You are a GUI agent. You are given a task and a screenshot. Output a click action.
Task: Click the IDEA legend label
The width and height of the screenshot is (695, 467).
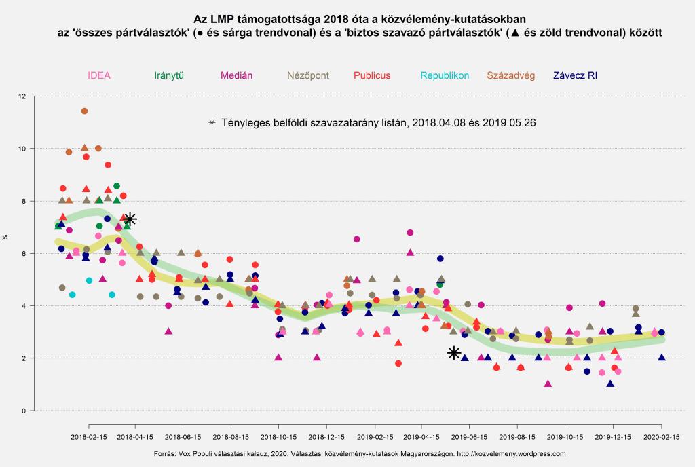click(99, 75)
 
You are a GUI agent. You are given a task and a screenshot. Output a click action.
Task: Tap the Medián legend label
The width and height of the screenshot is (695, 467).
click(235, 75)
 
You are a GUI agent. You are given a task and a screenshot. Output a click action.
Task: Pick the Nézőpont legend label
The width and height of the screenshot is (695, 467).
click(308, 75)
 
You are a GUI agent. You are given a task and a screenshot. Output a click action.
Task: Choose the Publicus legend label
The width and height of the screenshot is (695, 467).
click(372, 75)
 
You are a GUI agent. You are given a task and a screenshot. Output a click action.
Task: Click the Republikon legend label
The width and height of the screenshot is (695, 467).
click(445, 75)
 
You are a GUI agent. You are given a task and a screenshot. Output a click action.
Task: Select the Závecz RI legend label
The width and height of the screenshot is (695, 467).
click(585, 75)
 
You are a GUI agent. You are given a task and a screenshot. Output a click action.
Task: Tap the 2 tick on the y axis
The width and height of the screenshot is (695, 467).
click(24, 358)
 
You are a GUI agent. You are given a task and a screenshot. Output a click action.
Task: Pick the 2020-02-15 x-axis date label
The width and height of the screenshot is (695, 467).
click(662, 438)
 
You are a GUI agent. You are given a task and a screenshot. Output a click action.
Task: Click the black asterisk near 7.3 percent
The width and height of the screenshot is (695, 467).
click(129, 219)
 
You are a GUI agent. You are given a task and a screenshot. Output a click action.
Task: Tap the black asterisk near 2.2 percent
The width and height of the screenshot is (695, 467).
click(454, 353)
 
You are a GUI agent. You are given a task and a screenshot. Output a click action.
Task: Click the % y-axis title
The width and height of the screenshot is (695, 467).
click(6, 238)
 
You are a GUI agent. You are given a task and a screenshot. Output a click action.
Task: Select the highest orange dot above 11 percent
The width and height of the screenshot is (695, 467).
click(85, 111)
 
